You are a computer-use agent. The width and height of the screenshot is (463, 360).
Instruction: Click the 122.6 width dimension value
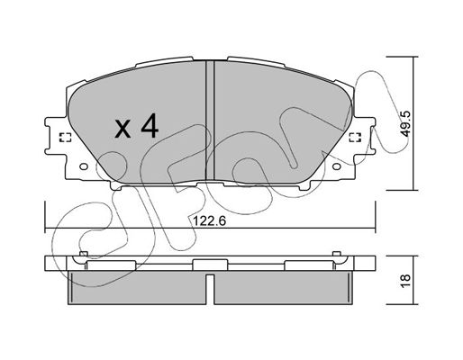(209, 221)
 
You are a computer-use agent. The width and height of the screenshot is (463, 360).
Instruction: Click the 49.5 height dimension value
(405, 123)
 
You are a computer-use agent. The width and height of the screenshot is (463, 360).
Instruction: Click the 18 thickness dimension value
(405, 281)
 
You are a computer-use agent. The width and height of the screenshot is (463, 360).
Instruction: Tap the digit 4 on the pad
(150, 125)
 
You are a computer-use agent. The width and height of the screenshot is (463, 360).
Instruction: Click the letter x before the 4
(123, 129)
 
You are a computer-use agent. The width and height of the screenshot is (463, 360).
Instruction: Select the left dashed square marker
(65, 137)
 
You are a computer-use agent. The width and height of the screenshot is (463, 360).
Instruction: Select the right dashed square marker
(355, 137)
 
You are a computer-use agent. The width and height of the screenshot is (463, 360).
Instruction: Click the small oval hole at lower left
(84, 166)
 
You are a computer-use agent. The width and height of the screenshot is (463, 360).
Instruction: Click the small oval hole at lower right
(337, 166)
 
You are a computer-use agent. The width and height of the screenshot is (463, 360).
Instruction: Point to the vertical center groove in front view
(210, 121)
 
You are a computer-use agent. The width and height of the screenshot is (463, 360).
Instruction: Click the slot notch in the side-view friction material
(210, 288)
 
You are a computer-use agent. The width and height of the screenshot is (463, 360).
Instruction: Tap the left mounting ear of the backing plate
(56, 136)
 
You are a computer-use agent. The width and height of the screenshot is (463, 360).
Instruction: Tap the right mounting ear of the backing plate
(365, 136)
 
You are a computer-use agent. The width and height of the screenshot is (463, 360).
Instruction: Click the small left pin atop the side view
(83, 254)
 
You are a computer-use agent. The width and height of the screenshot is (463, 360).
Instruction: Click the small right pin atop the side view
(337, 254)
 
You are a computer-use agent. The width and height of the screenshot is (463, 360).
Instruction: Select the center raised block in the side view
(210, 265)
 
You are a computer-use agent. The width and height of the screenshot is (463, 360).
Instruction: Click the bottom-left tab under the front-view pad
(116, 185)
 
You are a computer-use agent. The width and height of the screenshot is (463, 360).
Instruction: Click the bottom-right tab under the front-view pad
(304, 185)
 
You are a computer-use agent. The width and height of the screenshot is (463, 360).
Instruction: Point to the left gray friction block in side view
(137, 287)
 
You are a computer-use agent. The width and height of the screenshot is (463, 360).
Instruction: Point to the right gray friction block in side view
(283, 287)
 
